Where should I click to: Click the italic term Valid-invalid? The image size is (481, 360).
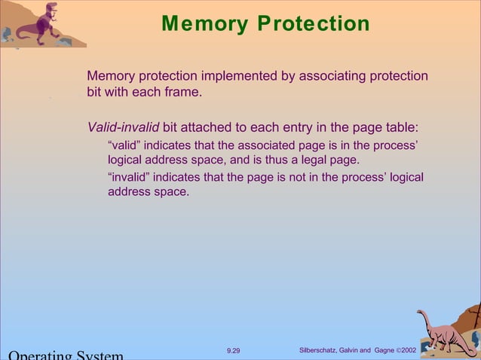click(x=123, y=127)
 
